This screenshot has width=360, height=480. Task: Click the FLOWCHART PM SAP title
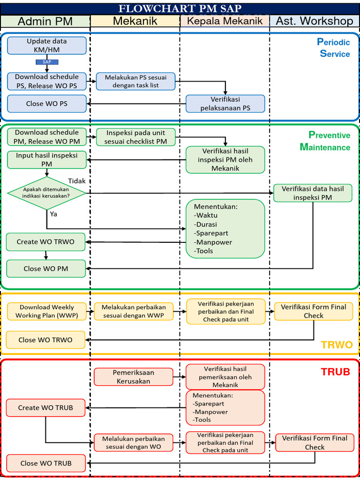(x=180, y=8)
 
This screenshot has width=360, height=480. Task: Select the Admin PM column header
(x=45, y=21)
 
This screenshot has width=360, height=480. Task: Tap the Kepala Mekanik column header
(x=225, y=21)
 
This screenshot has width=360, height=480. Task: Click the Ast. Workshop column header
(x=315, y=21)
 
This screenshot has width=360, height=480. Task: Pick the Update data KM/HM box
(x=47, y=45)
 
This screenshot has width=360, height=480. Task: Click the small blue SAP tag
(x=47, y=62)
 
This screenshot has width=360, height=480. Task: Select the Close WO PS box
(x=47, y=104)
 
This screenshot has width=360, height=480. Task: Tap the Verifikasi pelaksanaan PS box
(x=225, y=104)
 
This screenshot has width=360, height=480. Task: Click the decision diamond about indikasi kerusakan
(x=47, y=193)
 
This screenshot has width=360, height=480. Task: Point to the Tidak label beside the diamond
(x=77, y=181)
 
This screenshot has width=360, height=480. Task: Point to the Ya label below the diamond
(x=53, y=214)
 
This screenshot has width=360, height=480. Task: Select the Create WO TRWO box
(x=46, y=242)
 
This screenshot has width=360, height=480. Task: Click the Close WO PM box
(x=46, y=269)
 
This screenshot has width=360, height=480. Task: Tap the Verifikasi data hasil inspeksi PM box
(x=313, y=193)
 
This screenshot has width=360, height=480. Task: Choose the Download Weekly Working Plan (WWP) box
(x=47, y=311)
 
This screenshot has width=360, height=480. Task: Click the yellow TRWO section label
(x=336, y=345)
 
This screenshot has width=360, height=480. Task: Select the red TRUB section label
(x=335, y=372)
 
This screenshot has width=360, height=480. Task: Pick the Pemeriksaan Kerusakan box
(x=134, y=377)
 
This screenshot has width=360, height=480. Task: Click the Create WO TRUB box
(x=46, y=408)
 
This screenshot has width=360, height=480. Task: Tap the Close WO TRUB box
(x=46, y=463)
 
